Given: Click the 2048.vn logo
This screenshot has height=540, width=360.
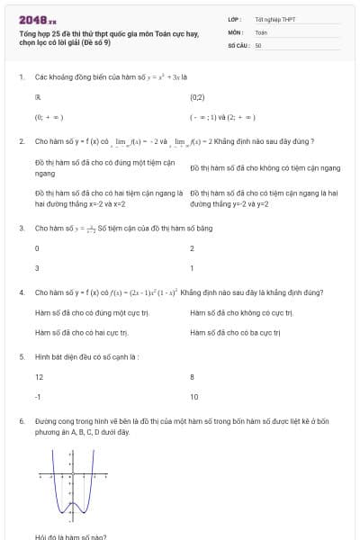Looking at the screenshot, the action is [38, 19].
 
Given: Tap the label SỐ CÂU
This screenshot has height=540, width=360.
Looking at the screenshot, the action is [238, 44].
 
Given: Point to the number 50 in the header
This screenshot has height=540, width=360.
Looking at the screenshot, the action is [258, 44].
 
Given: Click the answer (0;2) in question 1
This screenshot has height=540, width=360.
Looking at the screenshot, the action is [197, 96].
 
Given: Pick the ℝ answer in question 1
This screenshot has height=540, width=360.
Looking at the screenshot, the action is [38, 96].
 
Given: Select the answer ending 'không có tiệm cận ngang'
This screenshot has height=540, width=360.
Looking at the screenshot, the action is [265, 167].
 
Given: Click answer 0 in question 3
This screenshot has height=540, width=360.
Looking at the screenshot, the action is [37, 247].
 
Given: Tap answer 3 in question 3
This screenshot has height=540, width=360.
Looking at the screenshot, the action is [37, 268].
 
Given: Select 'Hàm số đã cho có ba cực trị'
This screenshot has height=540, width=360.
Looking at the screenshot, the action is [236, 332].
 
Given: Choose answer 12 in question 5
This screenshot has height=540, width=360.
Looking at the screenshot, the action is [39, 376].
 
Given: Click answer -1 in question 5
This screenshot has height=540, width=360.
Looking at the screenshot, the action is [38, 397].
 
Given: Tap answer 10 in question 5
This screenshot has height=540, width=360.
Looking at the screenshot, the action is [194, 397].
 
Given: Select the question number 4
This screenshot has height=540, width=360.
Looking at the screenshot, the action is [21, 292].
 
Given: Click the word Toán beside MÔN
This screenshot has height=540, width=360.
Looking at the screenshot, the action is [261, 31].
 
